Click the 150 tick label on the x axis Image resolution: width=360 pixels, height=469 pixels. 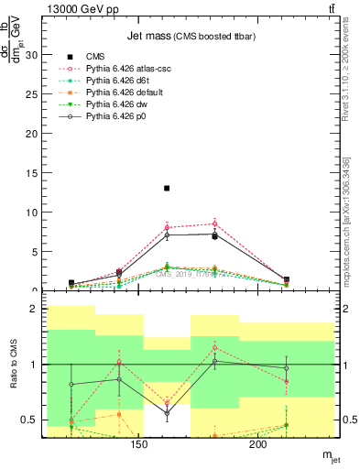(x=139, y=445)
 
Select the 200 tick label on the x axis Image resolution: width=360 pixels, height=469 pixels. (x=258, y=445)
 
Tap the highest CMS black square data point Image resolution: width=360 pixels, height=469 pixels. (x=167, y=188)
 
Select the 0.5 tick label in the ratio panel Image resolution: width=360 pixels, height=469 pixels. (x=28, y=420)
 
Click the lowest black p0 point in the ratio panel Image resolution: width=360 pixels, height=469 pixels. (x=167, y=412)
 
